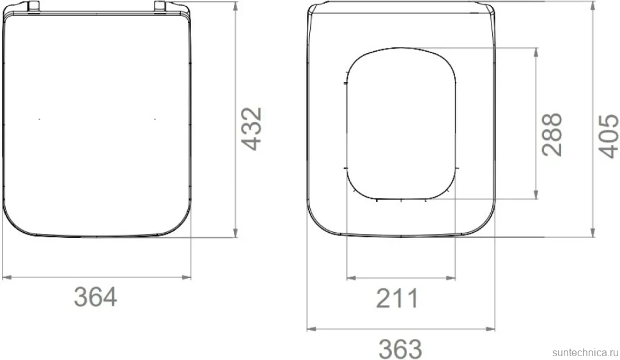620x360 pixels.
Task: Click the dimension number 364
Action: tap(96, 297)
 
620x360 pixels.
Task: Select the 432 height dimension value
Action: tap(252, 129)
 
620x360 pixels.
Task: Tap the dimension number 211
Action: tap(397, 298)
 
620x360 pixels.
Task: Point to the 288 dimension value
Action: tap(552, 134)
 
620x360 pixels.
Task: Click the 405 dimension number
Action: tap(608, 136)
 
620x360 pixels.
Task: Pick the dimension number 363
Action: tap(400, 349)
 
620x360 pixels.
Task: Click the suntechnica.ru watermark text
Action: tap(585, 352)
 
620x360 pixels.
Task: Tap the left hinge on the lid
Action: tap(34, 7)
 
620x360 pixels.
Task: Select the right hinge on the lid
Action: tap(160, 7)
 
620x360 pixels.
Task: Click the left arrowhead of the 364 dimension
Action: tap(7, 278)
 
